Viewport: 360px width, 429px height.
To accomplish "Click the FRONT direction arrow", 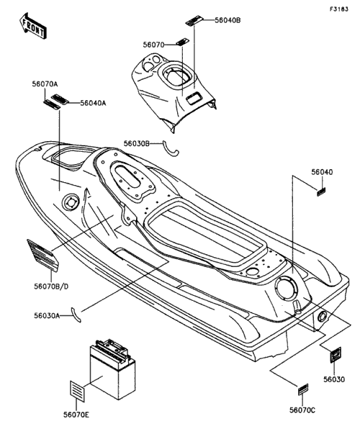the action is pyautogui.click(x=32, y=26).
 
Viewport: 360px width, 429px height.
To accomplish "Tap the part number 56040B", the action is pyautogui.click(x=228, y=20).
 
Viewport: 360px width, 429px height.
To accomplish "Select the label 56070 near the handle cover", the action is pyautogui.click(x=153, y=45).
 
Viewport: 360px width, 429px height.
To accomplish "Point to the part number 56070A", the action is pyautogui.click(x=45, y=84).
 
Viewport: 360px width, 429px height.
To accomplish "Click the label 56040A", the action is pyautogui.click(x=93, y=103).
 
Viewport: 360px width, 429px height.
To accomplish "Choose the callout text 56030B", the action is pyautogui.click(x=137, y=143).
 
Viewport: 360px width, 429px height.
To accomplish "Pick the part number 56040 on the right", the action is pyautogui.click(x=322, y=172).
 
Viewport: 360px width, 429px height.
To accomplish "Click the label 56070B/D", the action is pyautogui.click(x=51, y=286).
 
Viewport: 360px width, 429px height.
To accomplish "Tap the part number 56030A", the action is pyautogui.click(x=47, y=316).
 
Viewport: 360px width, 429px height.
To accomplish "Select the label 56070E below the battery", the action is pyautogui.click(x=76, y=415).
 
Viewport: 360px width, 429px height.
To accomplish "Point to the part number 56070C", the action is pyautogui.click(x=302, y=410).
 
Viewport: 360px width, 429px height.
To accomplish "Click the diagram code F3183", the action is pyautogui.click(x=339, y=9).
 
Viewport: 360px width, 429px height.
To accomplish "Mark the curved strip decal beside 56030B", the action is pyautogui.click(x=170, y=150).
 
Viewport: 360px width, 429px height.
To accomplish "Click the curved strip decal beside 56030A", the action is pyautogui.click(x=76, y=315).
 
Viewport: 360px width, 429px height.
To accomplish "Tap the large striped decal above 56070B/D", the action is pyautogui.click(x=42, y=256).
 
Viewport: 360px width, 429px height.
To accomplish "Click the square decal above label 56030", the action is pyautogui.click(x=335, y=355).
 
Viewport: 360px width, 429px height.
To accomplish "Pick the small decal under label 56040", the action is pyautogui.click(x=321, y=191).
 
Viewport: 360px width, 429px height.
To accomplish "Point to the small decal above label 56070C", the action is pyautogui.click(x=303, y=389).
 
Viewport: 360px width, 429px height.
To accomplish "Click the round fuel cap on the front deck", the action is pyautogui.click(x=71, y=203).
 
